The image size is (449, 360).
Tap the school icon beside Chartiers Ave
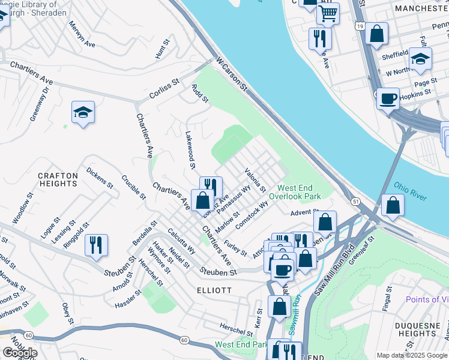pyautogui.click(x=83, y=112)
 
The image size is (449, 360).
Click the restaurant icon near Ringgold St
pyautogui.click(x=96, y=245)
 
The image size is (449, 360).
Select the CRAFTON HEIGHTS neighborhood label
pyautogui.click(x=58, y=180)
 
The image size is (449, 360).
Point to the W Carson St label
pyautogui.click(x=232, y=74)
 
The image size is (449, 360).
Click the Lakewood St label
pyautogui.click(x=190, y=150)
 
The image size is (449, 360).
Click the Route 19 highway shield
pyautogui.click(x=359, y=26)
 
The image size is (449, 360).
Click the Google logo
pyautogui.click(x=20, y=352)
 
